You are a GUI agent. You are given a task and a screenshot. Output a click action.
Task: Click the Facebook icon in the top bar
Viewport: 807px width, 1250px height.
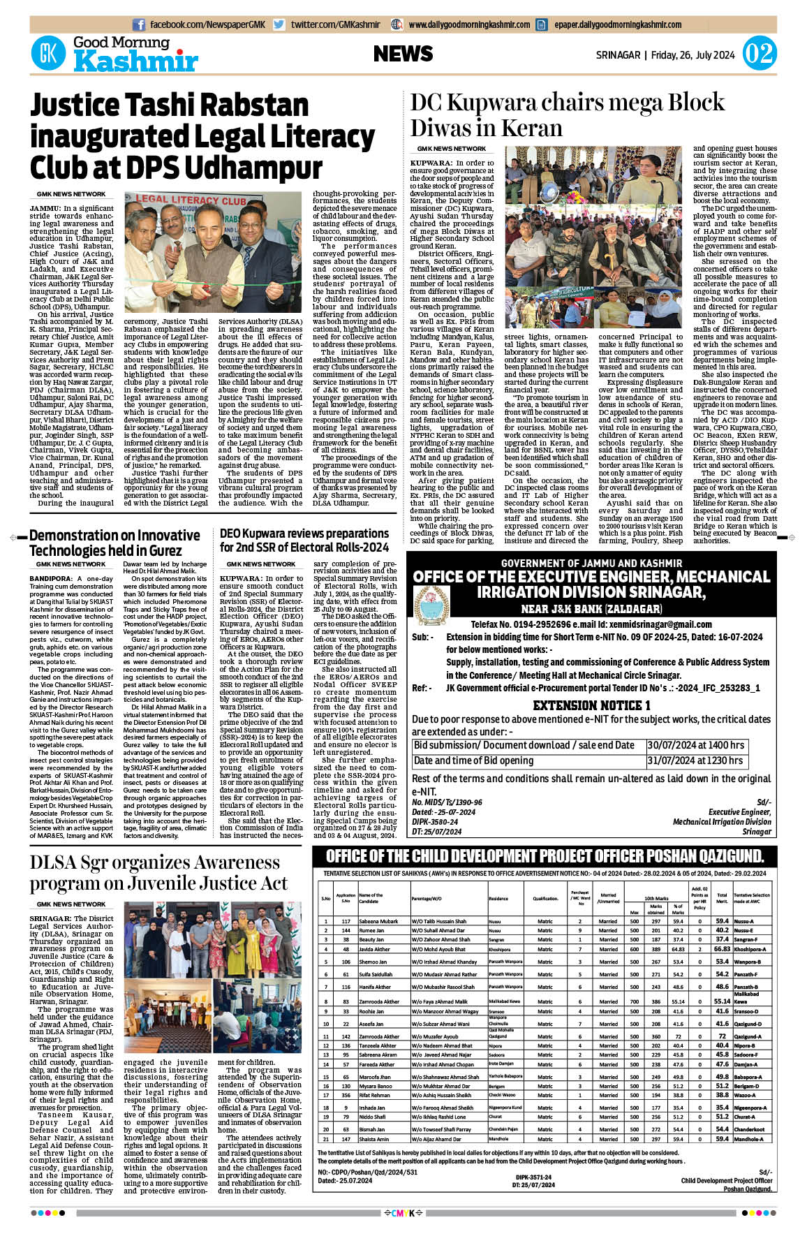coord(139,24)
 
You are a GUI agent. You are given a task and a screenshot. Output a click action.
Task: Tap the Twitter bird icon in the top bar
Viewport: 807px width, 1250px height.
coord(279,24)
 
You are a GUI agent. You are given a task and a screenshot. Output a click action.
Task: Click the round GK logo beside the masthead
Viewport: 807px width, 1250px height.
coord(48,53)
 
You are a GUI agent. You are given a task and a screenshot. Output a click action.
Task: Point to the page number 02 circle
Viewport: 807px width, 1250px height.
coord(760,54)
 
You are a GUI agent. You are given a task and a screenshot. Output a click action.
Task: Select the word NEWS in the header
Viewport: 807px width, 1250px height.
coord(403,54)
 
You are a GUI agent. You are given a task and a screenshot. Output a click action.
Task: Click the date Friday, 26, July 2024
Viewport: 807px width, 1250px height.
coord(693,54)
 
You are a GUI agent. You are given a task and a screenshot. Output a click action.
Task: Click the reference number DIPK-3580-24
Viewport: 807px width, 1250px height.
coord(436,822)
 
